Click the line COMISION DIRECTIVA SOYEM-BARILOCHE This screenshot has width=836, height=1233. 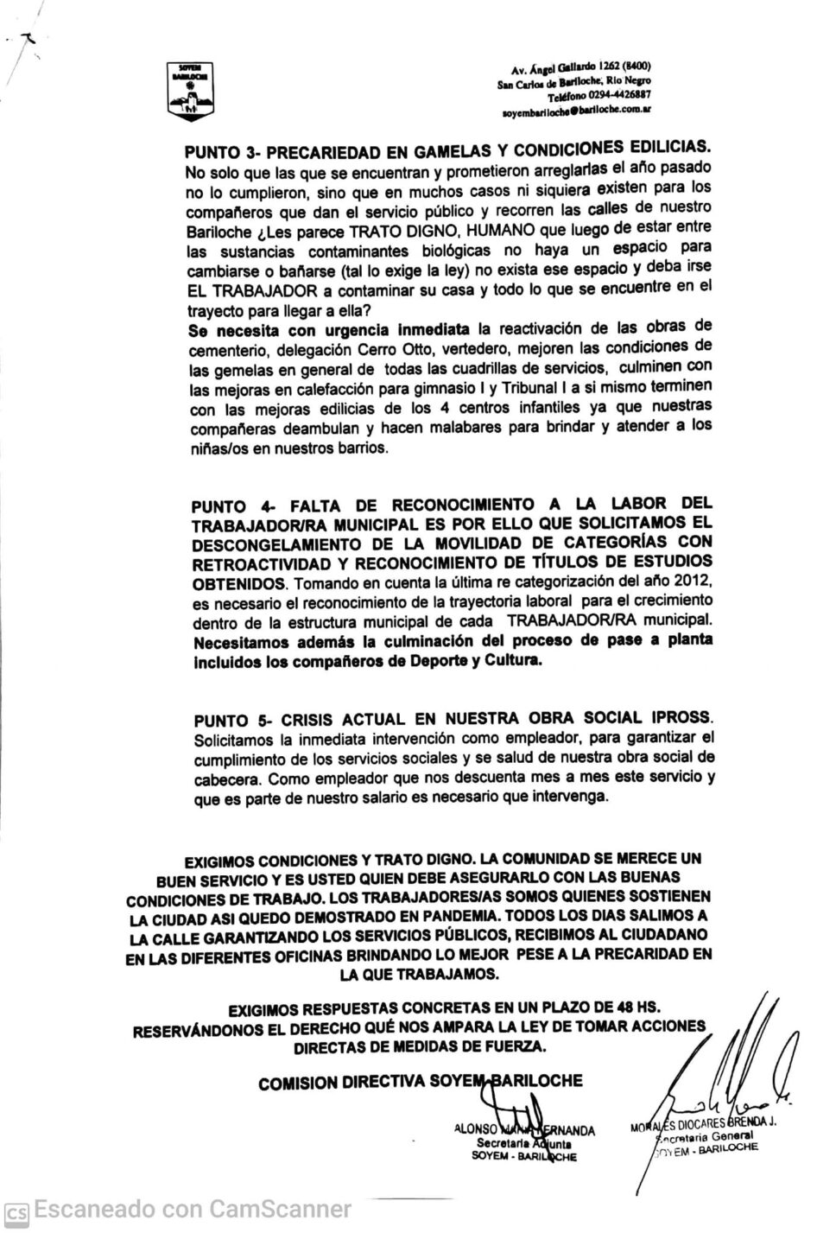click(x=420, y=1082)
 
